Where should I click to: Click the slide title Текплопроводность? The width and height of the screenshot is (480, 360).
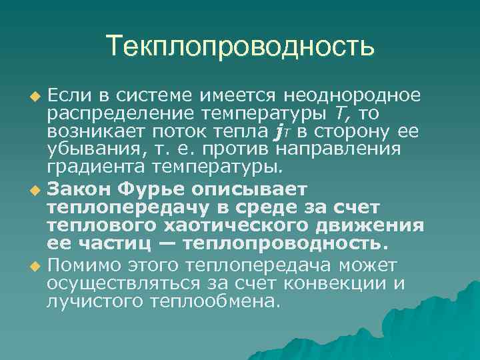(x=240, y=47)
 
